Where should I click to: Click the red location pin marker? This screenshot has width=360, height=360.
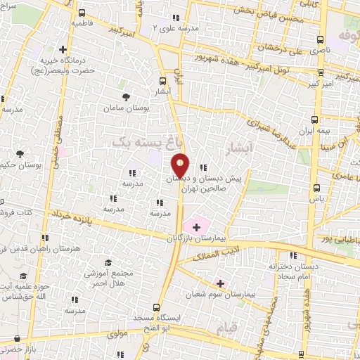(181, 165)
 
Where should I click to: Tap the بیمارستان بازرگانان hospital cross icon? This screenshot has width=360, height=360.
(196, 227)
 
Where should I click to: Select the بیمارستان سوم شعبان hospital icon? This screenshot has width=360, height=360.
(220, 283)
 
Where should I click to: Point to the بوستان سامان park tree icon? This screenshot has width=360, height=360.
(126, 97)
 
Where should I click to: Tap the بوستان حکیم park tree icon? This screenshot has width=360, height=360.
(20, 154)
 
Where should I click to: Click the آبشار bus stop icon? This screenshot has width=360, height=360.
(163, 81)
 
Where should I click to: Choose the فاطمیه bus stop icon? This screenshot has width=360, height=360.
(82, 13)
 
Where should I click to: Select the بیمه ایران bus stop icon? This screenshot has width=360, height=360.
(315, 120)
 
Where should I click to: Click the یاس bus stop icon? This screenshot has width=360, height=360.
(316, 188)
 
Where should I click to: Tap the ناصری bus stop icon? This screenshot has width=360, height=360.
(321, 39)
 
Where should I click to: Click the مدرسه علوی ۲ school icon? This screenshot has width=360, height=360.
(176, 18)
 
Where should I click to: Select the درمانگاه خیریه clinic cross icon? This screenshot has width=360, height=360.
(63, 50)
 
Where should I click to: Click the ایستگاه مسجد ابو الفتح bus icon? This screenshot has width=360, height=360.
(161, 307)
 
